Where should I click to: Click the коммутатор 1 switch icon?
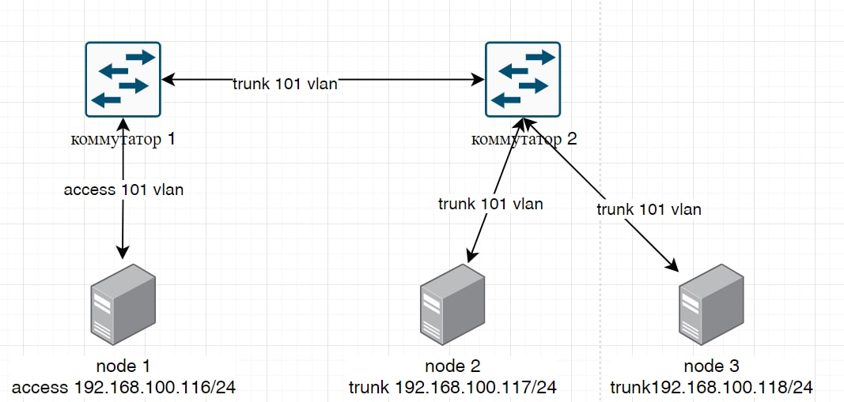coord(123,78)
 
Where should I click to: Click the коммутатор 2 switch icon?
coord(523,78)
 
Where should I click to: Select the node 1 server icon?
coord(123,303)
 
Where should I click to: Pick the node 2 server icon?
coord(452,305)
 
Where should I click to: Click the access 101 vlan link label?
coord(123,190)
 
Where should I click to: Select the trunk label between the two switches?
coord(285,85)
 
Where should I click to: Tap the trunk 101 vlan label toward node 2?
coord(490,204)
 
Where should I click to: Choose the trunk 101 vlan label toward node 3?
coord(649,210)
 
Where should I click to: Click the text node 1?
coord(123,366)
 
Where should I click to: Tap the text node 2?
coord(452,366)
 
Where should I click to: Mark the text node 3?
coord(711,366)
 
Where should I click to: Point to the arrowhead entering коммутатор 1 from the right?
coord(167,79)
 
